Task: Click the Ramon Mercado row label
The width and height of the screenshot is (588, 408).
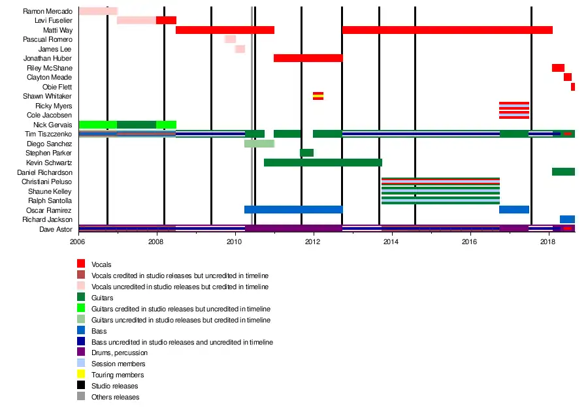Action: [47, 11]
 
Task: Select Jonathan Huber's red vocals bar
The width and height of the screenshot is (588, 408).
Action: [308, 58]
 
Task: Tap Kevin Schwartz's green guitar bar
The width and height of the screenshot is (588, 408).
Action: [323, 163]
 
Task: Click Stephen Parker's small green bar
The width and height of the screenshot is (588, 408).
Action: [306, 153]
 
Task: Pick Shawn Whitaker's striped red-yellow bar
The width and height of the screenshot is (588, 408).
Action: [318, 96]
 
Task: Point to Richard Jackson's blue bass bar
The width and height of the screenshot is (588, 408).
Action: [567, 219]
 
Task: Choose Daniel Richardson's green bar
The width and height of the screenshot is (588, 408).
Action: [563, 172]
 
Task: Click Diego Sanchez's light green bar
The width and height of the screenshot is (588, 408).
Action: [259, 144]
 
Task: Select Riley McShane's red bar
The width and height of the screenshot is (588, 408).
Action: [558, 68]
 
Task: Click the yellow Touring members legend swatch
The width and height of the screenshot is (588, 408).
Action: [81, 375]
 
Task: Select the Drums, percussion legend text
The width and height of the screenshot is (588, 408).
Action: [118, 353]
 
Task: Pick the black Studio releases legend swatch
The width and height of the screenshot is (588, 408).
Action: [81, 386]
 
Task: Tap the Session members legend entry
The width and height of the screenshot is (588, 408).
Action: [118, 364]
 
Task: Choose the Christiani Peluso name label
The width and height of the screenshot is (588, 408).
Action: [46, 181]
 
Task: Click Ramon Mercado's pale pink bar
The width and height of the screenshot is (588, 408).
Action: [97, 11]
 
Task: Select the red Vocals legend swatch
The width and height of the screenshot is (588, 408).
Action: [81, 264]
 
